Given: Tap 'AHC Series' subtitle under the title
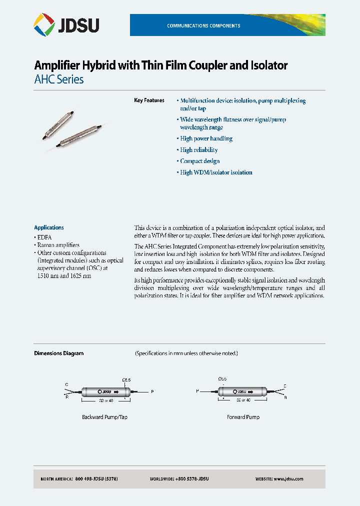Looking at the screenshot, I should (x=58, y=79).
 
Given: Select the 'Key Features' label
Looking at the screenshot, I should (x=149, y=100).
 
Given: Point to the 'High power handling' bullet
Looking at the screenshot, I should (x=206, y=138).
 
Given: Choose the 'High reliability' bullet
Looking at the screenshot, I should (x=198, y=149).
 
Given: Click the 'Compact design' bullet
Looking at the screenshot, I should (x=199, y=161).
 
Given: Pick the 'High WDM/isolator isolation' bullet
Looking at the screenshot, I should (x=216, y=172).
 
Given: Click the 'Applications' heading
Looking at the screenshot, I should (x=49, y=227).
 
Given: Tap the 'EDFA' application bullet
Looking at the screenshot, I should (x=44, y=237).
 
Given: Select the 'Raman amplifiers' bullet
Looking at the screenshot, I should (x=58, y=245).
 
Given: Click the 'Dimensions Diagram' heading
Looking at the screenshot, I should (x=58, y=353).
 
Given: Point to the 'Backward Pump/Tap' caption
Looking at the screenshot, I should (x=102, y=416).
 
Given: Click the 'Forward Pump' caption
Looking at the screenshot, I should (x=243, y=416).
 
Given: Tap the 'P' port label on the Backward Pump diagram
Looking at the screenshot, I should (x=153, y=392).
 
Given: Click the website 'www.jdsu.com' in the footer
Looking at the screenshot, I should (x=288, y=479).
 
